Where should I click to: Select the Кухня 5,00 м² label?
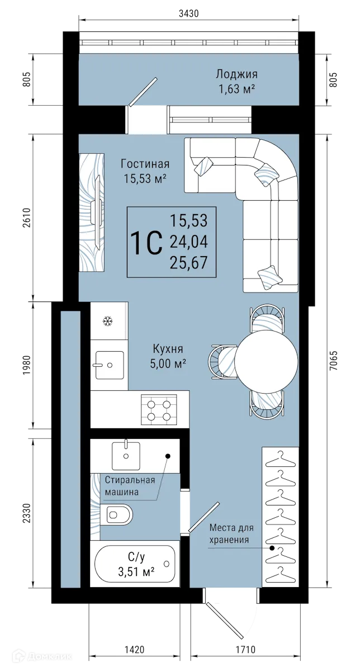tap(168, 356)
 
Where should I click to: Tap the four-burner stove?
tap(159, 407)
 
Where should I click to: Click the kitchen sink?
tap(109, 365)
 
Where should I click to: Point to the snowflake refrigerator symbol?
tap(107, 321)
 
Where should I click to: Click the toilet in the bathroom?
tap(119, 513)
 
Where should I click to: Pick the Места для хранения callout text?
tap(231, 533)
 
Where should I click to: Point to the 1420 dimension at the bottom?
tap(134, 650)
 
